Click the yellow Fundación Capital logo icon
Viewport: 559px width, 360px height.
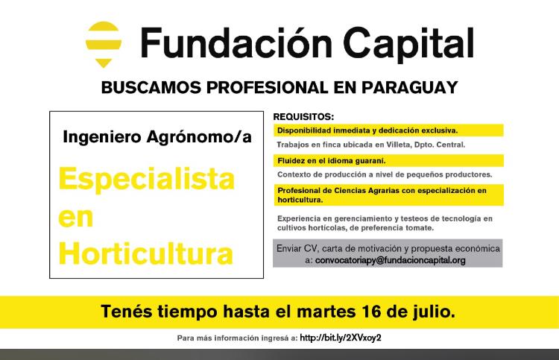pos(104,44)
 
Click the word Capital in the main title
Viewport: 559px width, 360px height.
pos(408,44)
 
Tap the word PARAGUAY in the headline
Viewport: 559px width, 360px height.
pos(410,88)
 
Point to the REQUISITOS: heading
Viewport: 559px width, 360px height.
pos(303,116)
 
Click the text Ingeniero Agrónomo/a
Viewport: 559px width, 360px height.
pos(157,137)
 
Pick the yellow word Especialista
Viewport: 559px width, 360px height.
pos(147,180)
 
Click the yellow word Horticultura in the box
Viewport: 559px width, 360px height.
pos(146,253)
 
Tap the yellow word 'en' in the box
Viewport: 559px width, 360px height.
pos(76,218)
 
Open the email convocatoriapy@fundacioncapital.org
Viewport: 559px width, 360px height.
pos(391,260)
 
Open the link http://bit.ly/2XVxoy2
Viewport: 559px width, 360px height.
pos(341,338)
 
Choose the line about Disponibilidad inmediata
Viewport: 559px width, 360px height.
pos(367,130)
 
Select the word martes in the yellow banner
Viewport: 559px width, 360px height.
pos(326,312)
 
